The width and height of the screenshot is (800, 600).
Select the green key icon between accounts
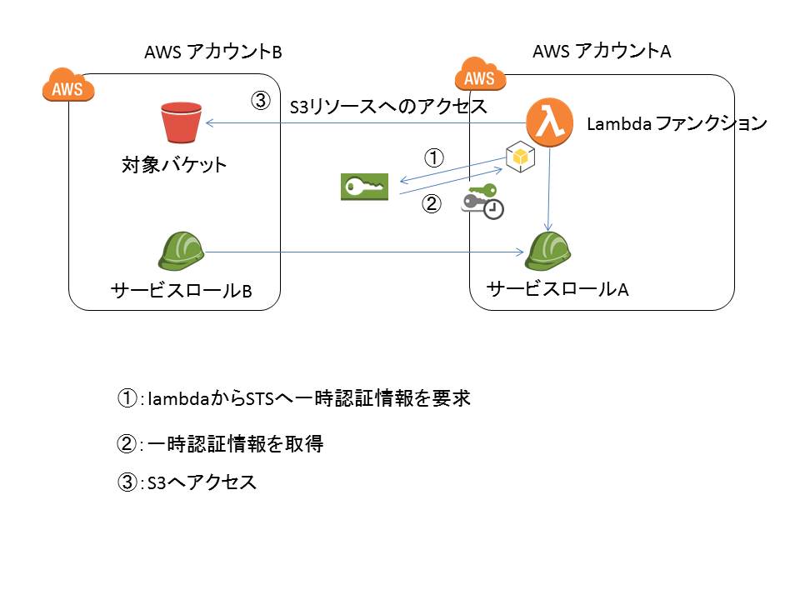coord(365,187)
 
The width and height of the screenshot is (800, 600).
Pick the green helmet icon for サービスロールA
coord(547,252)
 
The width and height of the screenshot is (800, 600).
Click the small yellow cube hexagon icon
coord(520,157)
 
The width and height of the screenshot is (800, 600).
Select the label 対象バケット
coord(174,164)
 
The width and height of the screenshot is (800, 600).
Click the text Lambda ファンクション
coord(676,124)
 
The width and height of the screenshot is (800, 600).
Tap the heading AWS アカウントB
coord(214,52)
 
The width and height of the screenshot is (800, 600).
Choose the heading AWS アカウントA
coord(602,52)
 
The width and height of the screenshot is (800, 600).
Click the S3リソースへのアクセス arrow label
coord(387,107)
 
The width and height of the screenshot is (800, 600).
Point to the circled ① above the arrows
coord(433,156)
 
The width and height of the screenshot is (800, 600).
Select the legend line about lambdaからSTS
coord(293,399)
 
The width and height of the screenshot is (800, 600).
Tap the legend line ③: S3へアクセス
coord(187,483)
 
